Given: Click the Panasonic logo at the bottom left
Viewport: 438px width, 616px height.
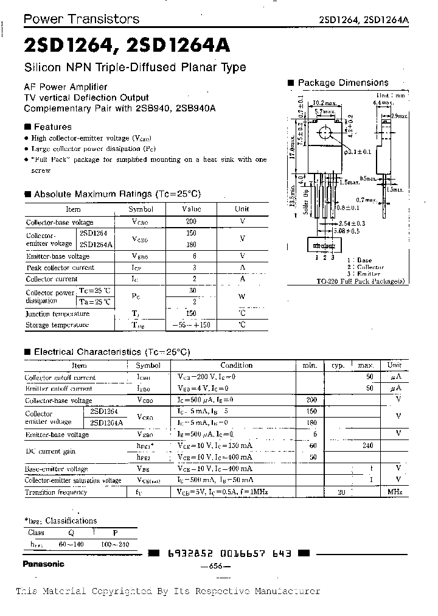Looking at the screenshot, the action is (43, 564).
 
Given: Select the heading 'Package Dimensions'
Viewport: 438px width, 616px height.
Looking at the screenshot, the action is (342, 83).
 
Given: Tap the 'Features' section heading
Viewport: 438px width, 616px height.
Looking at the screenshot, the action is (52, 127).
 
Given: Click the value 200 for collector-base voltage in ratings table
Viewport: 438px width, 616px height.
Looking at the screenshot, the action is (192, 222).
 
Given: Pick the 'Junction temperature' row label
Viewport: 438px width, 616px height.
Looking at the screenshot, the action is (57, 314).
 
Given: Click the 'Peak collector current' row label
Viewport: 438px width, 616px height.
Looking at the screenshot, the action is (60, 268).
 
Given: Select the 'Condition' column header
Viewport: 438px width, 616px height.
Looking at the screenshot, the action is (236, 365).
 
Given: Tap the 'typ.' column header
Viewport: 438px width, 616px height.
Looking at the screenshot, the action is (338, 366).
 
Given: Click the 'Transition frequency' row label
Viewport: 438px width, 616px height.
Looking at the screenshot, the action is (57, 492).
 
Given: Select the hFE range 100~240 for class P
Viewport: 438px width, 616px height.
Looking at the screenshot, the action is (116, 544).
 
